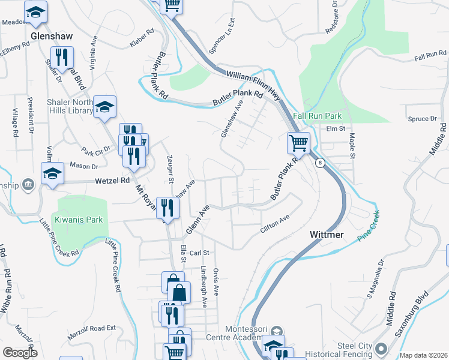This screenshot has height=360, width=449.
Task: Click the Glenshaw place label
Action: point(51,37)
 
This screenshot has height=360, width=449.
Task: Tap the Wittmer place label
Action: point(327,234)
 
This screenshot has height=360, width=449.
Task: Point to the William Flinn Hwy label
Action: point(253,79)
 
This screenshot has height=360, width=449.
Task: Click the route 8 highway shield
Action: point(321,163)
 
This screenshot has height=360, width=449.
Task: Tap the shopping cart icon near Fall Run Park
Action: point(298,143)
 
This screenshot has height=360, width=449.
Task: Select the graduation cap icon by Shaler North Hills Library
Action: point(105,107)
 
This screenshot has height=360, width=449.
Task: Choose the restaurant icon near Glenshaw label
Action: point(61,58)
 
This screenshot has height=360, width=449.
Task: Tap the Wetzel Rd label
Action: point(112,180)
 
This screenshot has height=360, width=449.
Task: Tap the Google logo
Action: point(20,353)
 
